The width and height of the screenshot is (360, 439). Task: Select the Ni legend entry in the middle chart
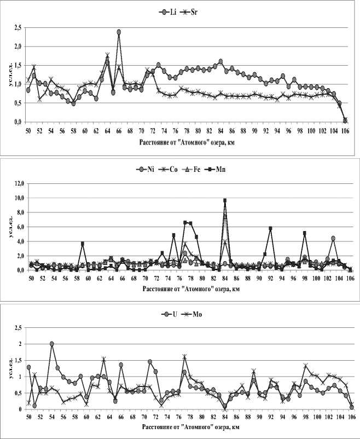pos(144,170)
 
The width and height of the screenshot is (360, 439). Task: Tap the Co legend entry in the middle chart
pos(169,170)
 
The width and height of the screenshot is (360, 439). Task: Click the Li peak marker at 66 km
pos(119,32)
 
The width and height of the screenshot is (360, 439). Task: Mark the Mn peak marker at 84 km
pos(225,200)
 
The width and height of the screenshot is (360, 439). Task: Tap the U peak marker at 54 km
pos(52,344)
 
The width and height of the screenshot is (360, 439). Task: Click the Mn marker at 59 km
pos(82,244)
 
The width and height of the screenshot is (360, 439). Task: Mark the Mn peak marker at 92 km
pos(270,228)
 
